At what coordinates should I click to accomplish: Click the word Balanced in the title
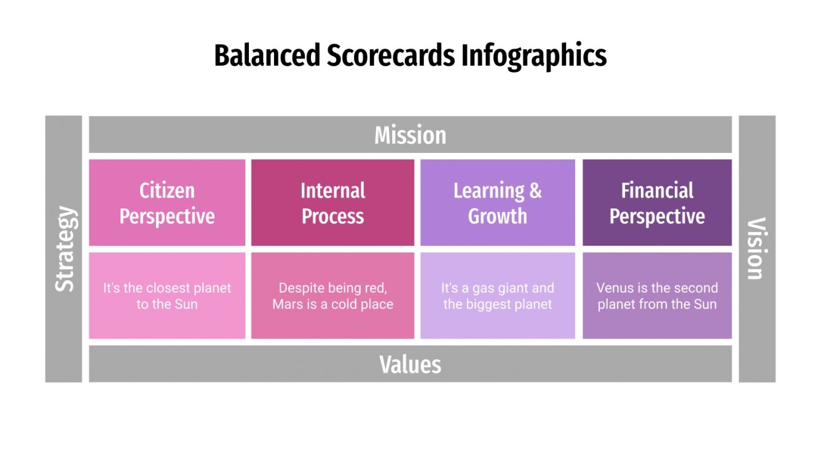[267, 55]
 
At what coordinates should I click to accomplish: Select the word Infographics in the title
[534, 56]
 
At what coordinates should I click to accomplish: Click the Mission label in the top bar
[410, 135]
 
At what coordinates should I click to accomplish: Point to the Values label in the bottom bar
[410, 364]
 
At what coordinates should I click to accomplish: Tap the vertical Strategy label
[64, 249]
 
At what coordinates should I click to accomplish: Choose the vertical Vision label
[756, 249]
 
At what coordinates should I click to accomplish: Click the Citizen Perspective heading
[167, 203]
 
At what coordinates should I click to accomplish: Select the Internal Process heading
[332, 203]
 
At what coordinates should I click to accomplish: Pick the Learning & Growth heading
[497, 203]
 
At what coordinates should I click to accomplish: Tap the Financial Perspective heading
[657, 203]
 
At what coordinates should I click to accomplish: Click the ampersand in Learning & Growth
[535, 191]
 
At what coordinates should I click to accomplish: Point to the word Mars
[288, 304]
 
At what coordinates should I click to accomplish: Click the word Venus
[615, 288]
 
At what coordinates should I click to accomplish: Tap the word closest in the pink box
[168, 288]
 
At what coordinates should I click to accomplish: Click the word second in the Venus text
[696, 288]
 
